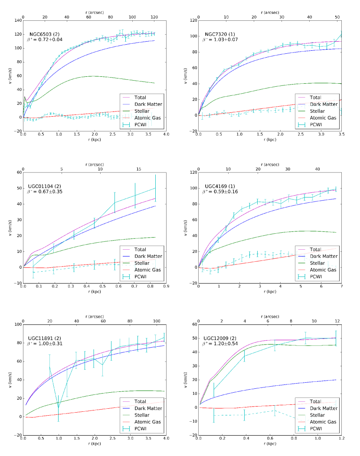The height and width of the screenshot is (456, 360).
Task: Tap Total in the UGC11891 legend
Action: tap(140, 401)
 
